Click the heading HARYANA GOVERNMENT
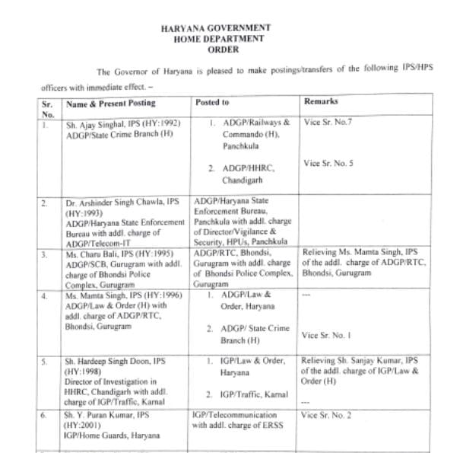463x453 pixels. pyautogui.click(x=217, y=27)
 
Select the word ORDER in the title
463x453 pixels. pyautogui.click(x=217, y=49)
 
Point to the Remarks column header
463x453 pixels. pyautogui.click(x=321, y=101)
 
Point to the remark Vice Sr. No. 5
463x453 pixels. pyautogui.click(x=329, y=163)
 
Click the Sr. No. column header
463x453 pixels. pyautogui.click(x=47, y=106)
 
